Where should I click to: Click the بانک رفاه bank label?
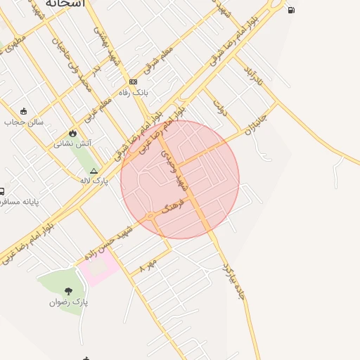(133, 92)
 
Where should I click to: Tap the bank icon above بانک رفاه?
(133, 82)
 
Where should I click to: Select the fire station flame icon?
(72, 133)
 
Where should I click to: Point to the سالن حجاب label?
(23, 122)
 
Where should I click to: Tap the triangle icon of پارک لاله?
(94, 170)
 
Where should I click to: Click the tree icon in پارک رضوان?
(68, 291)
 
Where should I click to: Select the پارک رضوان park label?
(68, 302)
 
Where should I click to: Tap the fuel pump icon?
(291, 10)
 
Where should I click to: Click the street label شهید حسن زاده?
(109, 243)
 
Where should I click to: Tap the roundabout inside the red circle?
(150, 216)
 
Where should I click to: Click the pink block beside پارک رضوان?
(98, 268)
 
